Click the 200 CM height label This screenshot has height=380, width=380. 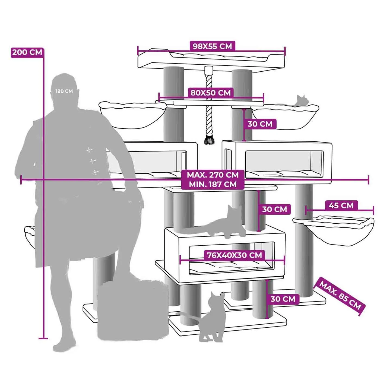click(x=27, y=52)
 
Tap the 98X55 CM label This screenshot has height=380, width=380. click(x=212, y=46)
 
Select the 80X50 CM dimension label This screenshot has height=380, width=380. click(x=210, y=93)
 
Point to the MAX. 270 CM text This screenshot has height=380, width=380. click(x=213, y=175)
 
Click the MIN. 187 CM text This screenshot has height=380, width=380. click(x=213, y=184)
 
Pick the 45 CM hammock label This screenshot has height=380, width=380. click(x=341, y=205)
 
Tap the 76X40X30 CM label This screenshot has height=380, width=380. click(x=234, y=255)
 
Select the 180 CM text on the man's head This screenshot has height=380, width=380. click(x=64, y=91)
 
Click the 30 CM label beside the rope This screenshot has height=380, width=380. click(x=260, y=124)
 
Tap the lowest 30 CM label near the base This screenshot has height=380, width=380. click(x=283, y=299)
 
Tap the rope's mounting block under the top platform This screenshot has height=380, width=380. click(x=209, y=70)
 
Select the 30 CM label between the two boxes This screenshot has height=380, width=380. click(x=274, y=209)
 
